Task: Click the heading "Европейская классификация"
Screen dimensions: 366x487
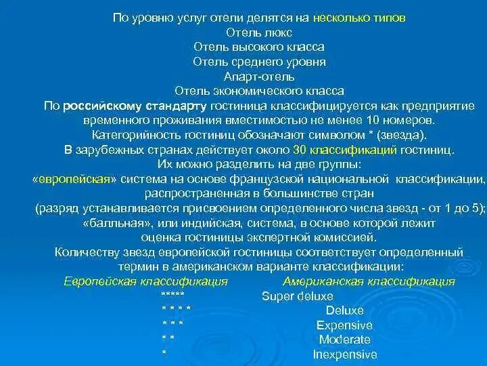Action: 155,281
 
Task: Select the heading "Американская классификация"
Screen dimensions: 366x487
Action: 369,281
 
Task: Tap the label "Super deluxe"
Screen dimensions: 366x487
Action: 297,296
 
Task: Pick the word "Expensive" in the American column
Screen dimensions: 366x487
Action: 344,325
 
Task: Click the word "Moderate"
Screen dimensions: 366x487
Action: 344,340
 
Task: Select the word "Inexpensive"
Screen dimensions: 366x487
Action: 344,354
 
